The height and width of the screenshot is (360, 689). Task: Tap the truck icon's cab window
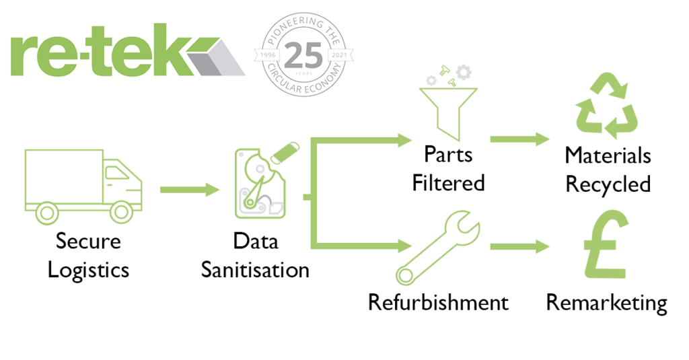[x=116, y=173]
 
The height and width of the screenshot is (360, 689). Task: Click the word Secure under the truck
[x=89, y=241]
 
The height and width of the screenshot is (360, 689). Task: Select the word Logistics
[x=89, y=270]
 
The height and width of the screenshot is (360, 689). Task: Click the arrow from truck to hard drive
[x=190, y=189]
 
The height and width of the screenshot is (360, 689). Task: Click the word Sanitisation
[x=256, y=270]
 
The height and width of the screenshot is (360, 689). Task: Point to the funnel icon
[x=447, y=108]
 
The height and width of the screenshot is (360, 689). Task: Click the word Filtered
[x=448, y=182]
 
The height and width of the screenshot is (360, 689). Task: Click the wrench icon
[x=437, y=246]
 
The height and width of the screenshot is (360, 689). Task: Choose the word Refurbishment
[x=438, y=302]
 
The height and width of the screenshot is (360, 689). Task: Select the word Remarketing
[x=606, y=302]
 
